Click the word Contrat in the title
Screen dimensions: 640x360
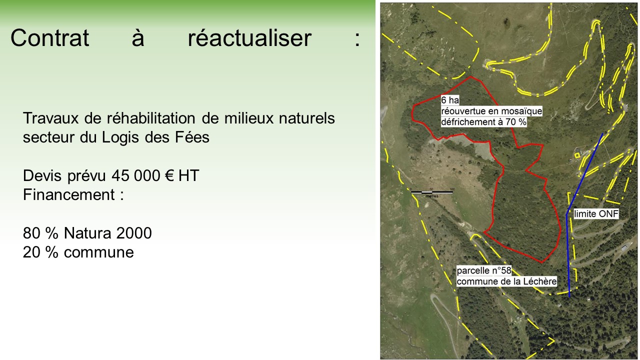click(x=49, y=37)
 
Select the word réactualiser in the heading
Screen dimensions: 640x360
click(x=249, y=37)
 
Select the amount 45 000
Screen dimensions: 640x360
click(x=135, y=175)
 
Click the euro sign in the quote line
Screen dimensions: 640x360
click(x=169, y=175)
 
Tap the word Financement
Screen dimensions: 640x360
click(x=69, y=194)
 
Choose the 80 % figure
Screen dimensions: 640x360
click(x=40, y=233)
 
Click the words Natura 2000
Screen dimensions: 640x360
click(x=107, y=233)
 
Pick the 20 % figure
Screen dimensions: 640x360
click(x=40, y=252)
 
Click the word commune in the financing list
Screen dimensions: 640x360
click(x=99, y=252)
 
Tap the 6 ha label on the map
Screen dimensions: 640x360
click(x=450, y=100)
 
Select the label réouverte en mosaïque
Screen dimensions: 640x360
click(x=491, y=111)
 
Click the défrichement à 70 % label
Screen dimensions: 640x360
click(x=483, y=121)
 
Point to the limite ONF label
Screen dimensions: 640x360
click(x=596, y=213)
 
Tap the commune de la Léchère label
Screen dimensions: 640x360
click(x=506, y=281)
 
